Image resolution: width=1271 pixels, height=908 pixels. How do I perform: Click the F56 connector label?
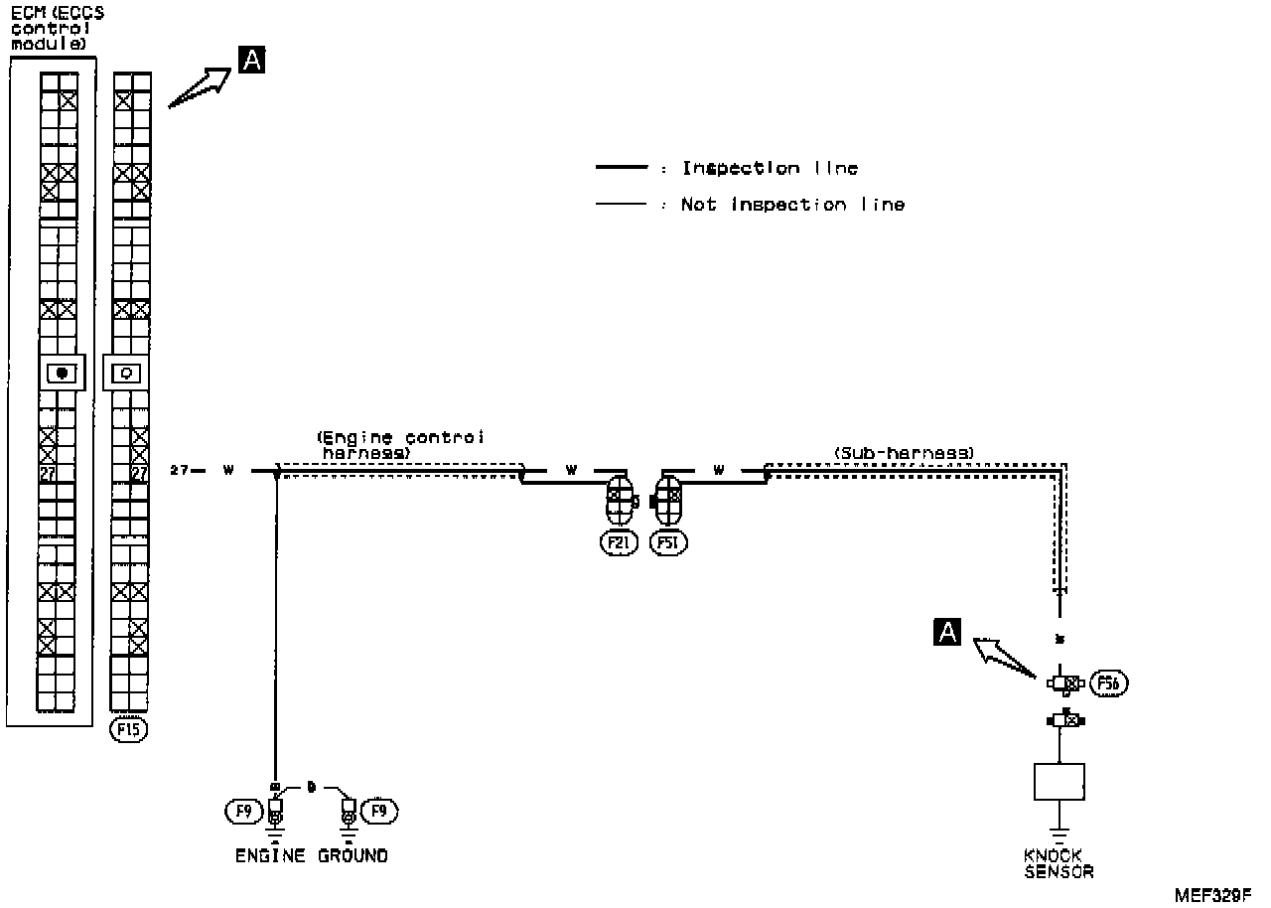click(1108, 682)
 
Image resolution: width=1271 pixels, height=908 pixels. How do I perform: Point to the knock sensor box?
click(1059, 781)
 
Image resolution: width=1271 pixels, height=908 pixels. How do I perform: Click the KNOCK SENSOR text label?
click(1059, 863)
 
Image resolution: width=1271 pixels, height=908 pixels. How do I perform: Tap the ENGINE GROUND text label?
click(311, 855)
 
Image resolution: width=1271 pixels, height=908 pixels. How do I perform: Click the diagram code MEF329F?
click(1212, 893)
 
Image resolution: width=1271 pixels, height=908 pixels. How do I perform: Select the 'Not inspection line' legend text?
click(792, 205)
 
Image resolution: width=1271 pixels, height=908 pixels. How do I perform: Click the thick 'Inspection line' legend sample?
click(621, 169)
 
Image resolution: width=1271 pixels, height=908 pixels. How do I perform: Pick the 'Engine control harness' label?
click(400, 445)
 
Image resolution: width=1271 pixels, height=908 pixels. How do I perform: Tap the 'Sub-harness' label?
click(904, 453)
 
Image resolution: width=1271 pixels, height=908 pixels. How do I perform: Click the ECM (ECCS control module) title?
click(57, 29)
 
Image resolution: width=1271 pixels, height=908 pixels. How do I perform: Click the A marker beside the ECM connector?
click(252, 61)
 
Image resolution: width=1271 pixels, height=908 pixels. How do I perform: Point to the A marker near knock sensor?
click(948, 631)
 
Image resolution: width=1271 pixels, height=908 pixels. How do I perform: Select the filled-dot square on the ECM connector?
click(62, 374)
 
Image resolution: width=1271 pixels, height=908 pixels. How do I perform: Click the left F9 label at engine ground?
click(241, 812)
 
